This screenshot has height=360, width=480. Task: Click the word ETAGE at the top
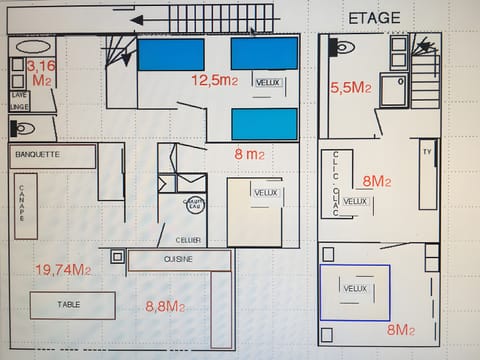coord(374,17)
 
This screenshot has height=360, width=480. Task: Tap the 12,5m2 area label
coord(215,79)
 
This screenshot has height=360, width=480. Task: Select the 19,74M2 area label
coord(62,269)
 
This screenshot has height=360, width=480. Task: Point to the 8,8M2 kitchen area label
coord(165,307)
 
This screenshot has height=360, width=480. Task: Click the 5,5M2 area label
coord(350,88)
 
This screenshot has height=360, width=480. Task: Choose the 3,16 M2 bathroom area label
coord(41,72)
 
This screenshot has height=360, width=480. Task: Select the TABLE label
coord(69,305)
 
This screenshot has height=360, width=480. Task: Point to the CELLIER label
coord(188,239)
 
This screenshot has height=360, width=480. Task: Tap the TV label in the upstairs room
coord(427,153)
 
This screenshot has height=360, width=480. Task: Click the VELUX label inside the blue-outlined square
coord(355,288)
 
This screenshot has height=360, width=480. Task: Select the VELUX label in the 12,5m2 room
coord(267,83)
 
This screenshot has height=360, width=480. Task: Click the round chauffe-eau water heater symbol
coord(193,205)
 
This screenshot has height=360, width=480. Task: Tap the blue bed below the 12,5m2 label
coord(265,124)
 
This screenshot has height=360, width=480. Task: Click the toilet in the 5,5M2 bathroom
coord(342,46)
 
